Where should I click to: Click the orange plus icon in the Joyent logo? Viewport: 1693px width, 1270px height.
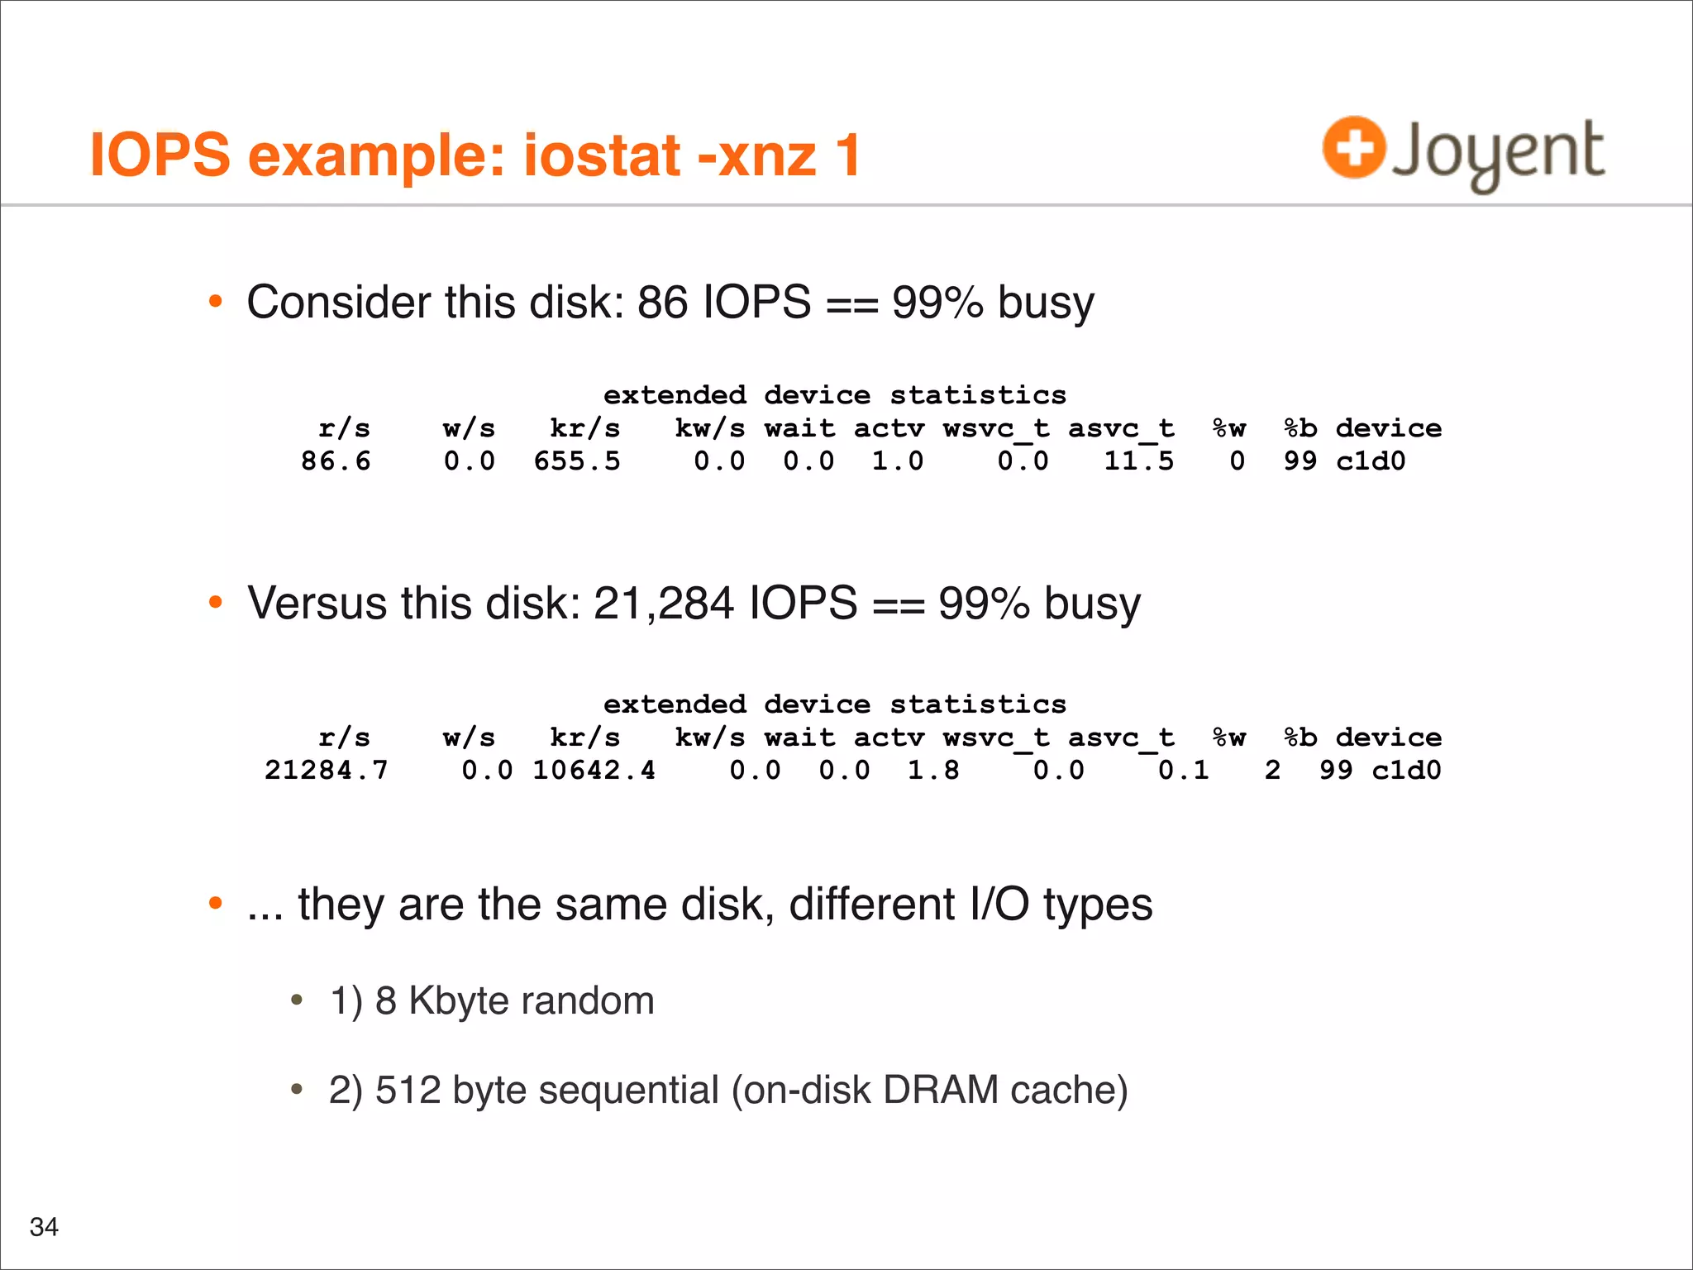tap(1353, 148)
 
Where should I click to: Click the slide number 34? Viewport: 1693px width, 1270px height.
tap(44, 1227)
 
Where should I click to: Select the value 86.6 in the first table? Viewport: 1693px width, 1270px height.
tap(336, 461)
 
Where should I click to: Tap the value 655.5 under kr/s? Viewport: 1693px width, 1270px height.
tap(577, 461)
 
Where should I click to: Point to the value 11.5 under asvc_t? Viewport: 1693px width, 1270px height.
tap(1138, 461)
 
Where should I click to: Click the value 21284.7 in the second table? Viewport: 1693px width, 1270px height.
tap(326, 771)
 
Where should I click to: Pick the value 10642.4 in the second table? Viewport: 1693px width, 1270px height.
tap(594, 771)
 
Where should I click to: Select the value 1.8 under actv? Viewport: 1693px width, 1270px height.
tap(933, 771)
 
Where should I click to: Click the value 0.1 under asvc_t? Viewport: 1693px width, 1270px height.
tap(1183, 771)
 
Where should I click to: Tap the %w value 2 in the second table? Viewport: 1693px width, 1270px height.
tap(1272, 771)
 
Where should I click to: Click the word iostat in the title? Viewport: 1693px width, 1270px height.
tap(603, 155)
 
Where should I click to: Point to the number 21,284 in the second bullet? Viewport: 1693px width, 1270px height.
tap(664, 603)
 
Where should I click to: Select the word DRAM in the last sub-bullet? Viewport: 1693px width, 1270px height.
tap(941, 1090)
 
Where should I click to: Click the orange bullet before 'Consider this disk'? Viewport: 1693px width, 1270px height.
tap(216, 302)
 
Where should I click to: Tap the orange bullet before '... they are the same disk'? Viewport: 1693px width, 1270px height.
tap(216, 904)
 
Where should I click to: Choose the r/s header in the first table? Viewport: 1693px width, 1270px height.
tap(344, 428)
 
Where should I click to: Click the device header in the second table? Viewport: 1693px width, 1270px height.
tap(1389, 738)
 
